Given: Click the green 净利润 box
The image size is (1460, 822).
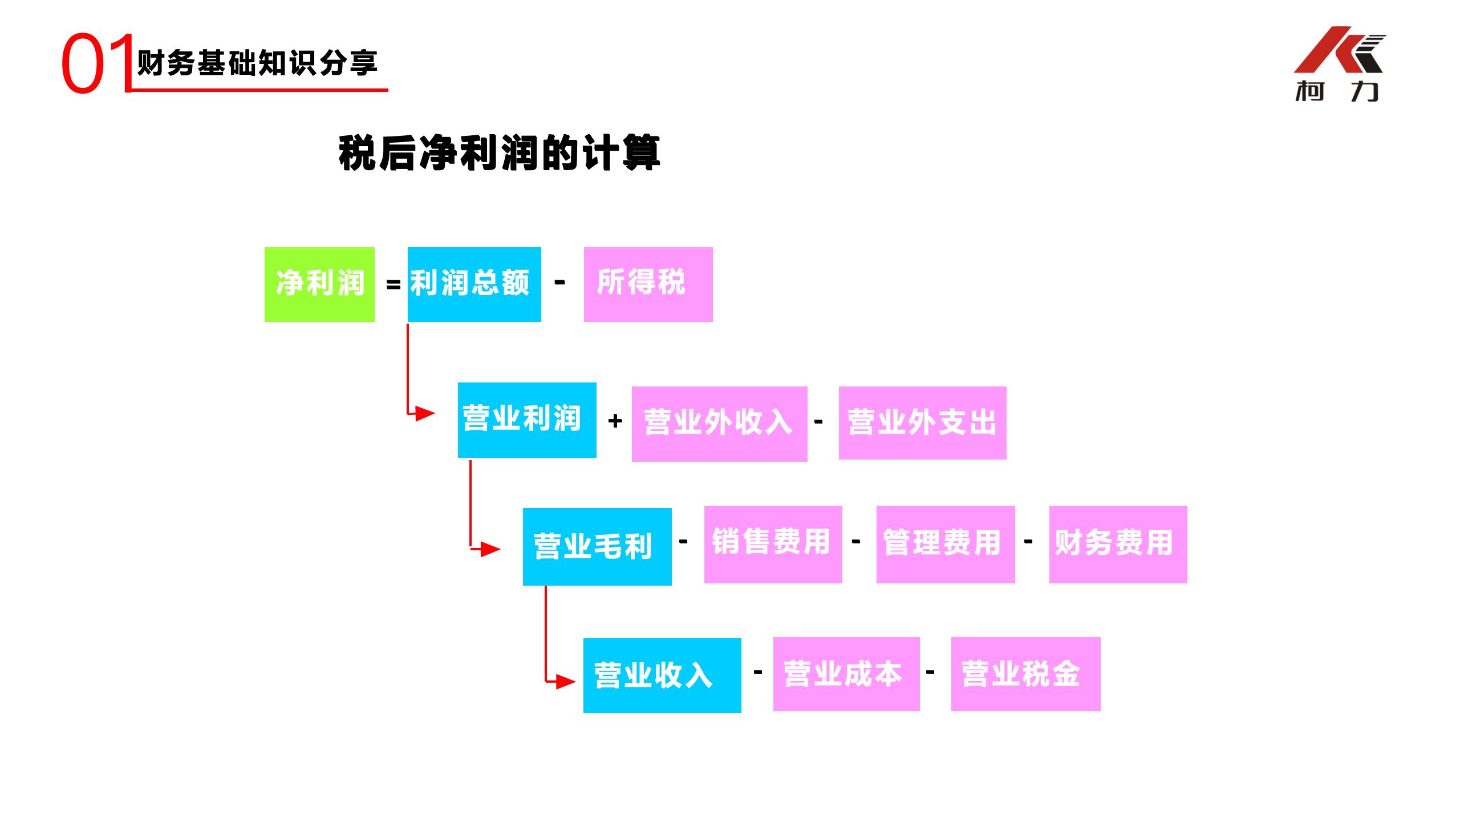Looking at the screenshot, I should coord(319,284).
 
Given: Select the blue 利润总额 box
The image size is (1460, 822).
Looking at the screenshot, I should coord(474,284).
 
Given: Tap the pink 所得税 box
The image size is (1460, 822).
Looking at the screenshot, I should coord(648,284).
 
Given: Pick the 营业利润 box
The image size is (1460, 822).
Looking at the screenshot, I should coord(526,420).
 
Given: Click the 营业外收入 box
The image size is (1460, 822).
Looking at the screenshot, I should coord(719,424).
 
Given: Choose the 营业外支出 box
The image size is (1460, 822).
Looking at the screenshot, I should coord(922,423).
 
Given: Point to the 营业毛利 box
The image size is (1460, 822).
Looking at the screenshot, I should coord(597,546).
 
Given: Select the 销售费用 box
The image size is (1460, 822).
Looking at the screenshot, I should coord(773,544).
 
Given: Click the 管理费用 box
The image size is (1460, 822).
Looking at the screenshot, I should coord(945,544).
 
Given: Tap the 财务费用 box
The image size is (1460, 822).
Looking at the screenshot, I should coord(1118,544).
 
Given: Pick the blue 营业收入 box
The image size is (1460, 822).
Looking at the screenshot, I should coord(662,675).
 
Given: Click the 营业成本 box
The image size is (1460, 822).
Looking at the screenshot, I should coord(846,674).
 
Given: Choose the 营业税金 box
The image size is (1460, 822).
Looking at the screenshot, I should coord(1025,674).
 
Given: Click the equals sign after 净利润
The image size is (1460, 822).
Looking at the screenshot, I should coord(393,284).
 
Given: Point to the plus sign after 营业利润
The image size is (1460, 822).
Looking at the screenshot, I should coord(615,421).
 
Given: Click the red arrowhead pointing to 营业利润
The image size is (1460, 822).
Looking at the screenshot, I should coord(424,413).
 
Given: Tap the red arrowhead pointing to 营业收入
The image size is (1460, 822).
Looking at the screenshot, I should coord(565,681).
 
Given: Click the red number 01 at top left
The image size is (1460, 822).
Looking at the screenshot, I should coord(97,64).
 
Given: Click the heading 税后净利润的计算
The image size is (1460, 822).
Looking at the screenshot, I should coord(499,153).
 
